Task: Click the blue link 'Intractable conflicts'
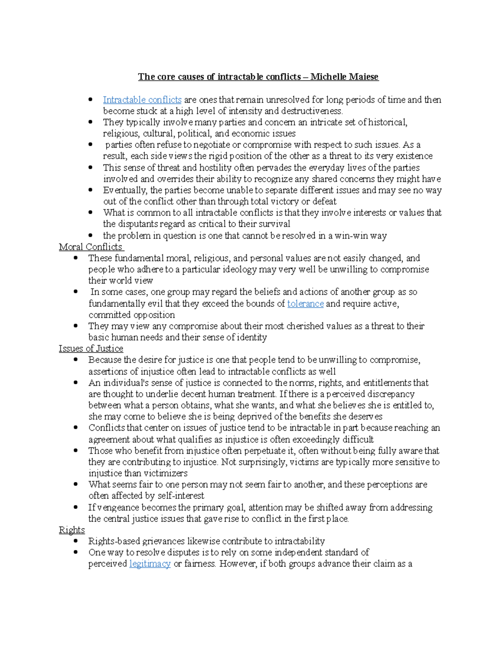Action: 142,100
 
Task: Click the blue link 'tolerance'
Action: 305,303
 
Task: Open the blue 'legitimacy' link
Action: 150,564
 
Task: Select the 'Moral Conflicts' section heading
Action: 91,247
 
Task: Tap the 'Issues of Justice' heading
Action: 91,349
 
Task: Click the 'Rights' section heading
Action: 72,530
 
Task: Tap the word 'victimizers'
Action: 166,473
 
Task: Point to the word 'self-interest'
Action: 181,496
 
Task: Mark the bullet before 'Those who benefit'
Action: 76,451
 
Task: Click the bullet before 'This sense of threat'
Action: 90,168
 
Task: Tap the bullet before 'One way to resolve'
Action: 76,552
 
